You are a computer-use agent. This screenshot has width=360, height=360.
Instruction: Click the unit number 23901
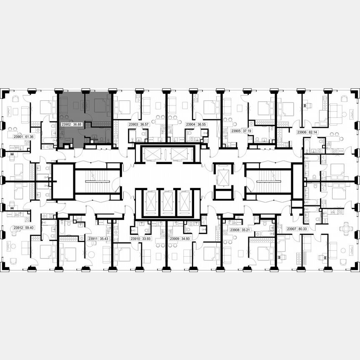point(18,136)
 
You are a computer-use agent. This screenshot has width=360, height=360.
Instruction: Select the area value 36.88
point(77,124)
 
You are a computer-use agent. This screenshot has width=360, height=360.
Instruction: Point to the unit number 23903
point(133,124)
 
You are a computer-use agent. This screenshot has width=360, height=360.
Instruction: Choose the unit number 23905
point(236,130)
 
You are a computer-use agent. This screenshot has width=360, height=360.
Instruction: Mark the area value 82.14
point(313,132)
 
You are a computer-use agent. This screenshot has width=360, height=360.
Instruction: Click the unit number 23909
point(175,239)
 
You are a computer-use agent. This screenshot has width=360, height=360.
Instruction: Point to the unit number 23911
point(93,239)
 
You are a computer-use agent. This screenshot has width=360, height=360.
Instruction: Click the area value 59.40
point(29,227)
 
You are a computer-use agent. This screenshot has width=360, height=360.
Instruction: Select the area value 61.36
point(29,136)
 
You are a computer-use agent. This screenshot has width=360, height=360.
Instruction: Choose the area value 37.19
point(247,130)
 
